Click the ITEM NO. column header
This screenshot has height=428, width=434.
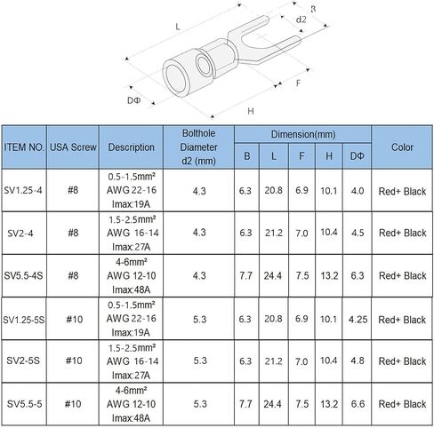pyautogui.click(x=24, y=147)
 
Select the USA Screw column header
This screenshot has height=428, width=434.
pyautogui.click(x=73, y=147)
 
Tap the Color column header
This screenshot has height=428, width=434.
pyautogui.click(x=402, y=147)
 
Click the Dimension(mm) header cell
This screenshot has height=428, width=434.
pyautogui.click(x=303, y=134)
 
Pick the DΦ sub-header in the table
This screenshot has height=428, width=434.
pyautogui.click(x=357, y=156)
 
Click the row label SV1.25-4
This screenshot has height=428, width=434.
pyautogui.click(x=23, y=190)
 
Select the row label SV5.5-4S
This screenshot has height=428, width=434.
pyautogui.click(x=23, y=275)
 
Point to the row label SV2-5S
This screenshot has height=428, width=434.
pyautogui.click(x=23, y=361)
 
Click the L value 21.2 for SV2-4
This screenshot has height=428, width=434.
pyautogui.click(x=274, y=233)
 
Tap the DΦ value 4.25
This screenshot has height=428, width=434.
pyautogui.click(x=358, y=320)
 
